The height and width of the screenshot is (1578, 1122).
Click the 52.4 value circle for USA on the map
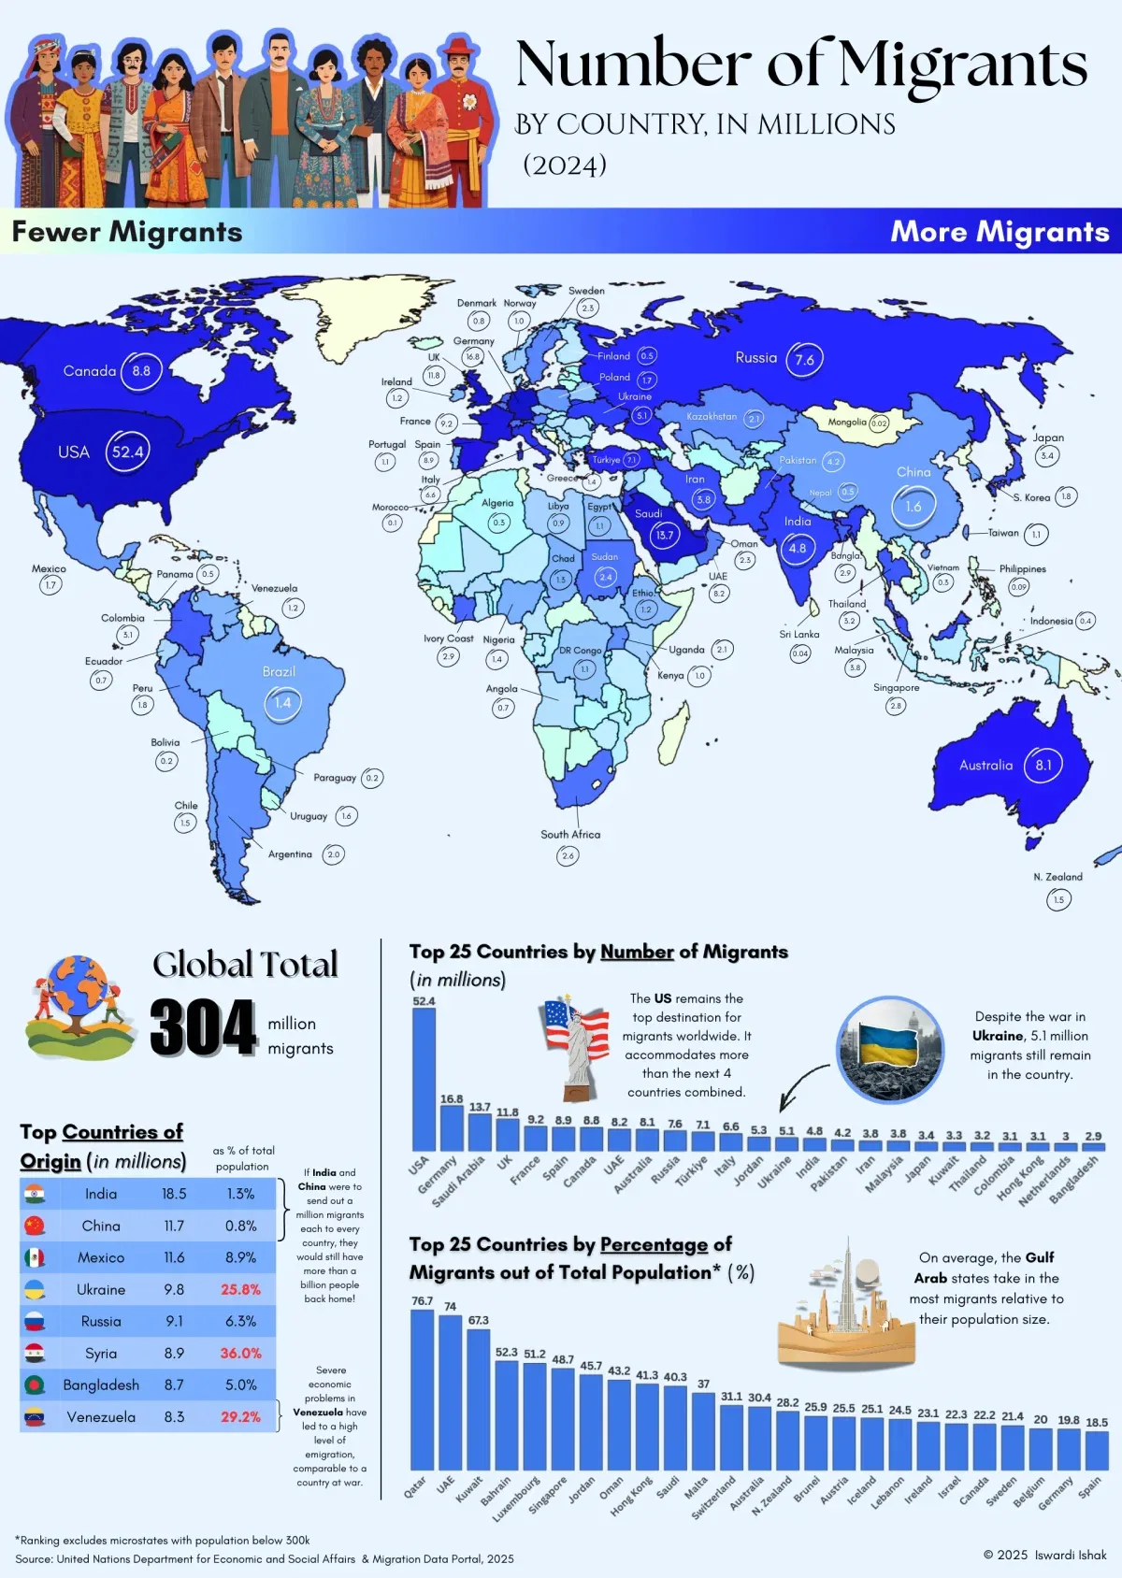pyautogui.click(x=128, y=452)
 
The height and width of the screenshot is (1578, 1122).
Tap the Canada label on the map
pyautogui.click(x=90, y=371)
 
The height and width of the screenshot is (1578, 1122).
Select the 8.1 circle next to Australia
pyautogui.click(x=1043, y=765)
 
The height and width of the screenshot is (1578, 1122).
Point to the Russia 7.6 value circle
pyautogui.click(x=804, y=359)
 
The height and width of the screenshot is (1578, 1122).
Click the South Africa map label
pyautogui.click(x=570, y=834)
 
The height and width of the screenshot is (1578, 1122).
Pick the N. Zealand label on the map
pyautogui.click(x=1057, y=877)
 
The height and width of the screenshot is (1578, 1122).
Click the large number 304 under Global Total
pyautogui.click(x=203, y=1028)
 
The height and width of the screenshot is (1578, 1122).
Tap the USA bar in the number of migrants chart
pyautogui.click(x=424, y=1080)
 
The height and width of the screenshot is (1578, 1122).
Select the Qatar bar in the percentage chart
pyautogui.click(x=422, y=1389)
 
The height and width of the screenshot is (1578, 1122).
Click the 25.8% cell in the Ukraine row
pyautogui.click(x=240, y=1290)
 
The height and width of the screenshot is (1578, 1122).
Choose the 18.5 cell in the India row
pyautogui.click(x=174, y=1194)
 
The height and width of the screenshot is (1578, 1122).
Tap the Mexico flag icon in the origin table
pyautogui.click(x=35, y=1257)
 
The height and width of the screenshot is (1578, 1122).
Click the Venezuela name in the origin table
pyautogui.click(x=101, y=1417)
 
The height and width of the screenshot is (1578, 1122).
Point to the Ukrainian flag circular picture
pyautogui.click(x=889, y=1049)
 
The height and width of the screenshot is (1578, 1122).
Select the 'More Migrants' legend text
pyautogui.click(x=1000, y=231)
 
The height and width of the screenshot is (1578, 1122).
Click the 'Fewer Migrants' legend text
pyautogui.click(x=127, y=231)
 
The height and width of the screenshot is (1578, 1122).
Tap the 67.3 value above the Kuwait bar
pyautogui.click(x=479, y=1320)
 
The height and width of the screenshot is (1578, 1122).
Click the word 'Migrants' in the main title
pyautogui.click(x=963, y=65)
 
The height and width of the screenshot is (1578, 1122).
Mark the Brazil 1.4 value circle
pyautogui.click(x=282, y=702)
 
